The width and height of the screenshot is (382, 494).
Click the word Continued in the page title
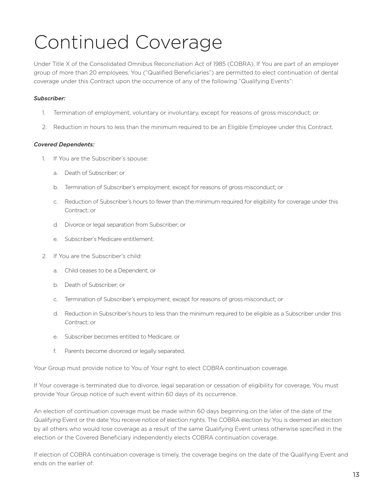click(81, 42)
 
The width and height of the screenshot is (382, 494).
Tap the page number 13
click(356, 475)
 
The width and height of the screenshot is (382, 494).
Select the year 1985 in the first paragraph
click(220, 64)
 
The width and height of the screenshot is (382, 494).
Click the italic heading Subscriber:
click(49, 98)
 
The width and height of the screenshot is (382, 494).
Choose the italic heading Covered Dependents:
click(64, 144)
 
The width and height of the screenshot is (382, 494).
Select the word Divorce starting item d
click(74, 225)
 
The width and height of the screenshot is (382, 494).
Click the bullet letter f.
click(55, 351)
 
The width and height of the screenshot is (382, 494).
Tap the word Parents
click(74, 351)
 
